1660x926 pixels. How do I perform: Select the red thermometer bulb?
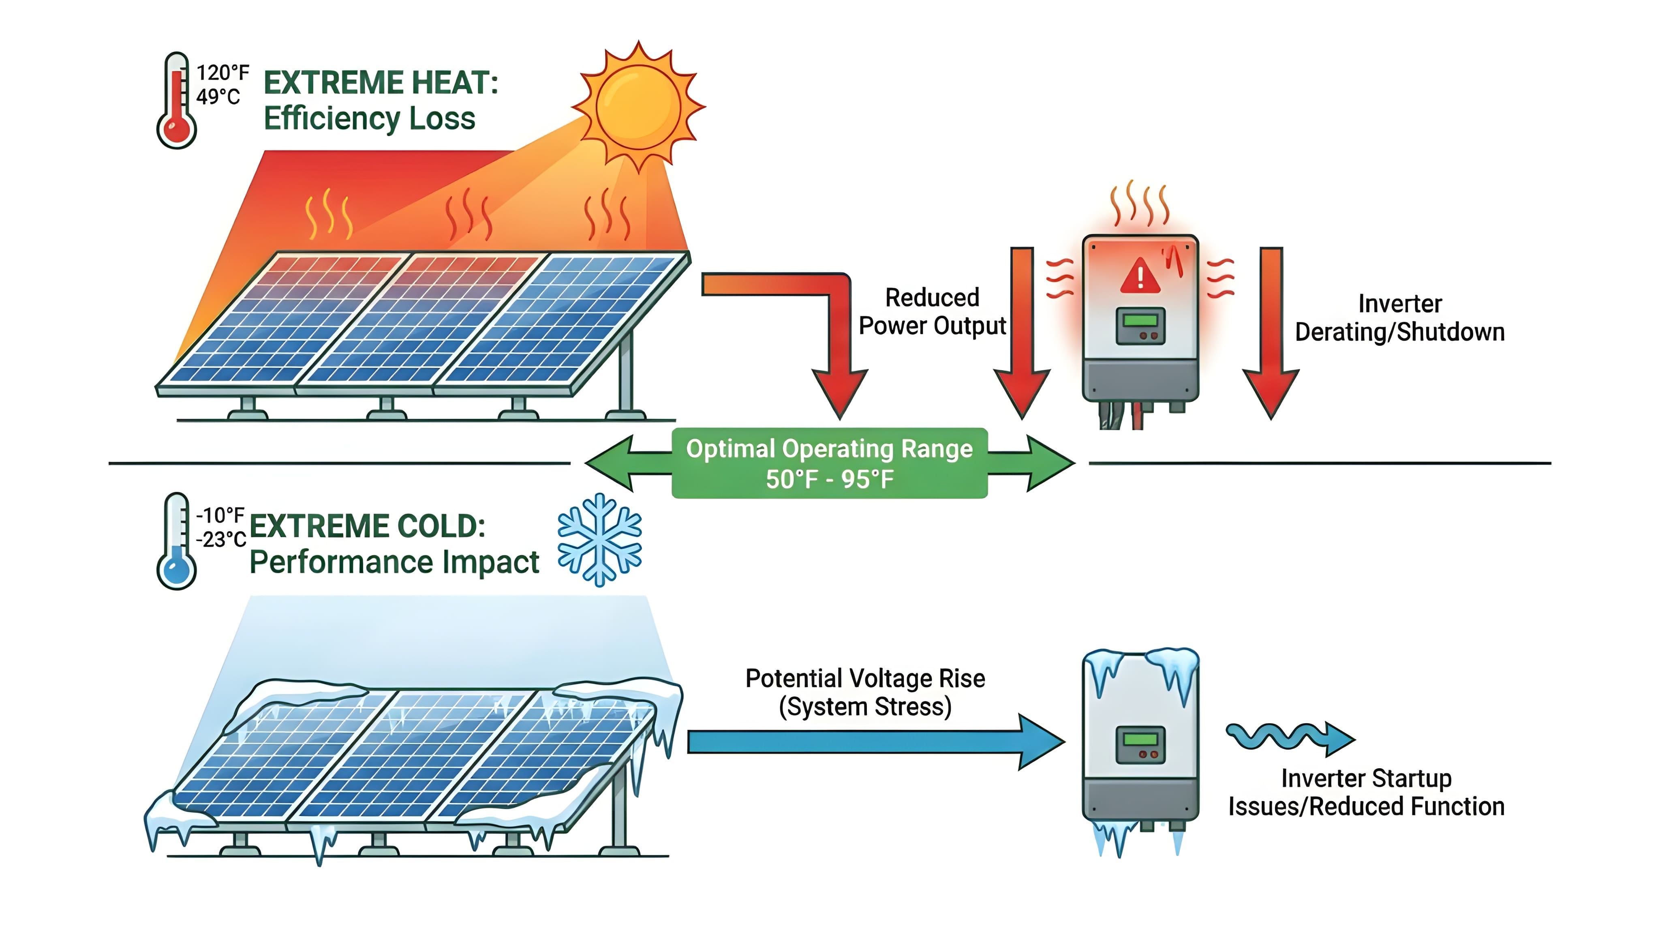pyautogui.click(x=177, y=129)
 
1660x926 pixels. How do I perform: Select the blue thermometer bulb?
pyautogui.click(x=177, y=570)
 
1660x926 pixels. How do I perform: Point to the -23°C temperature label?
pyautogui.click(x=221, y=539)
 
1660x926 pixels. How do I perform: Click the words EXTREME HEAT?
pyautogui.click(x=380, y=83)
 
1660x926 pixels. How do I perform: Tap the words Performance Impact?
pyautogui.click(x=394, y=562)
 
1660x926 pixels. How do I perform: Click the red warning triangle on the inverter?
pyautogui.click(x=1140, y=276)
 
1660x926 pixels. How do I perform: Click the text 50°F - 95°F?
pyautogui.click(x=829, y=480)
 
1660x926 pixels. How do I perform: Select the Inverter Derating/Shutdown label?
pyautogui.click(x=1400, y=318)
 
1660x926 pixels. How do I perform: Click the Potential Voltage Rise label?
pyautogui.click(x=865, y=678)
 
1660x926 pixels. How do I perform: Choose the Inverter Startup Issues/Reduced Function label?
pyautogui.click(x=1366, y=793)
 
